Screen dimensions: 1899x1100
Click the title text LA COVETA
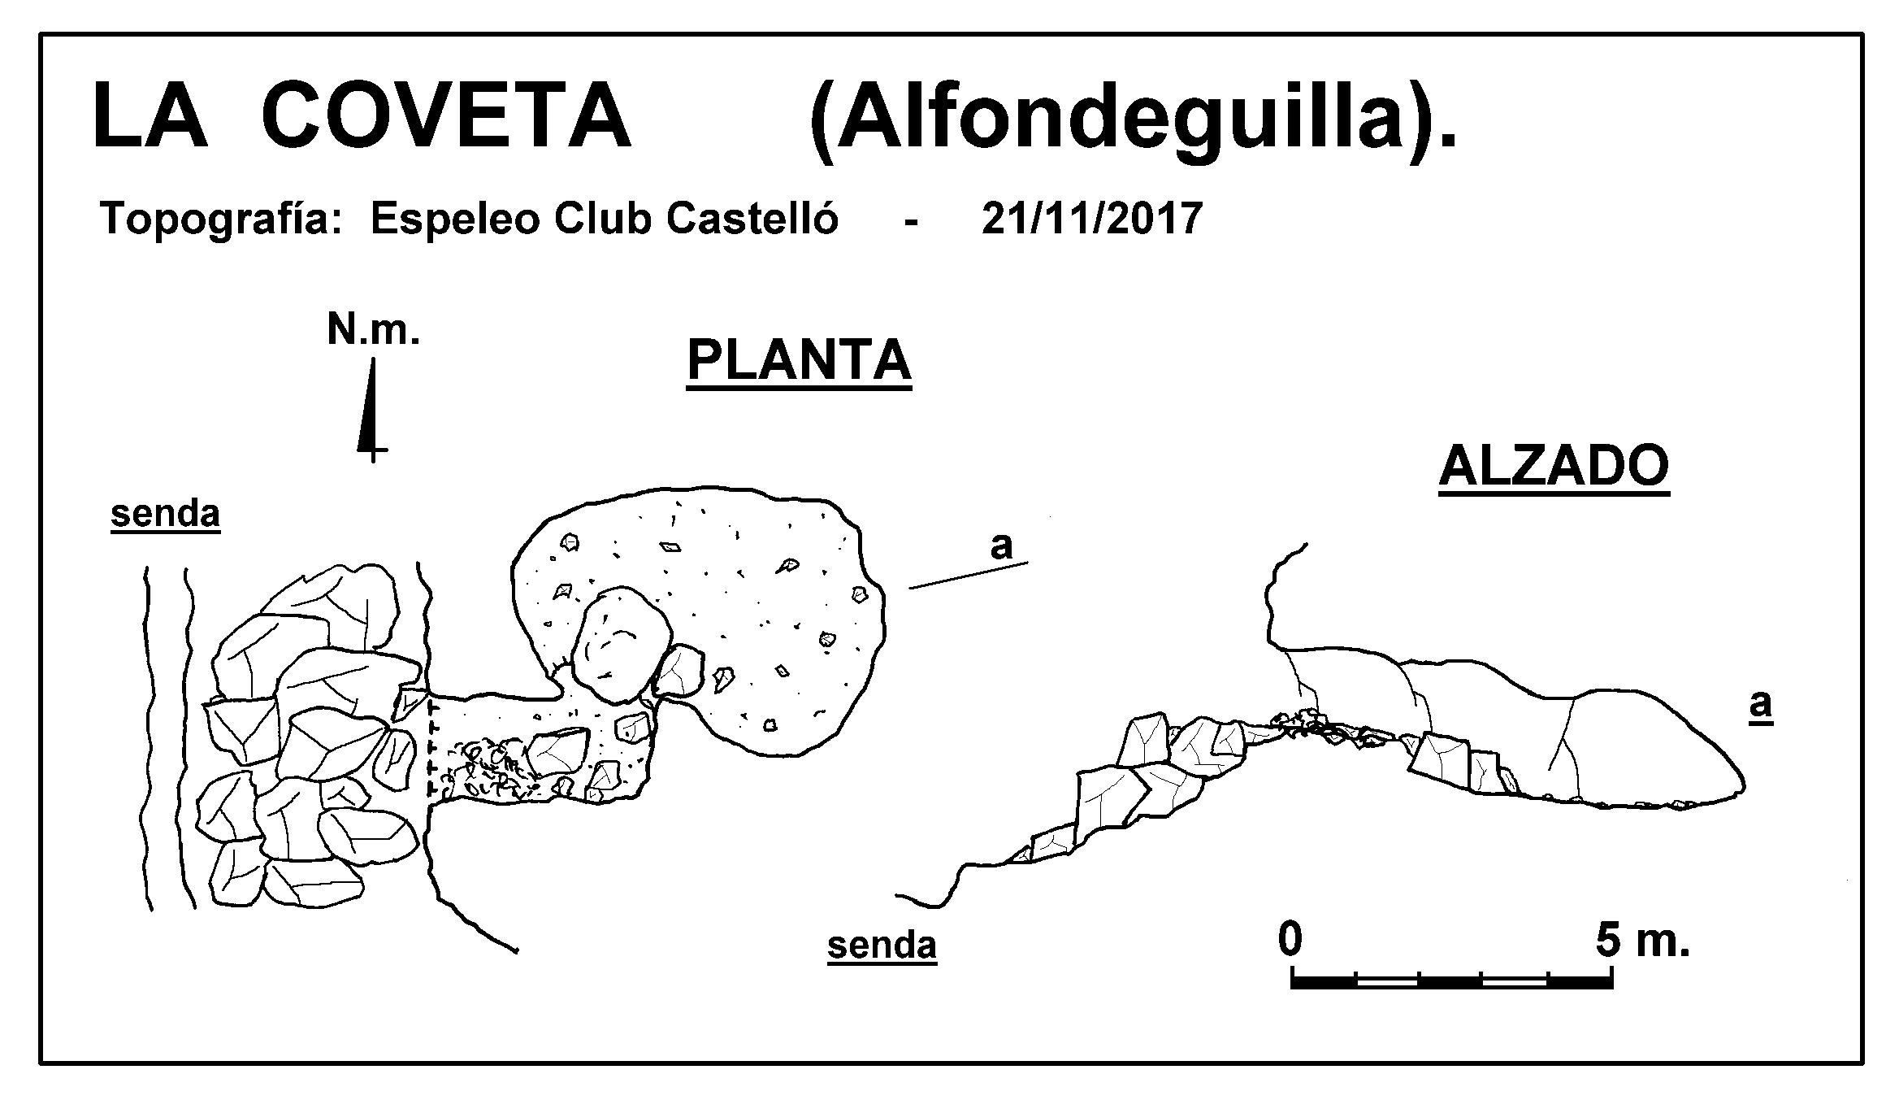[x=362, y=115]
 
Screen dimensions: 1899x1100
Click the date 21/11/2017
[x=1091, y=218]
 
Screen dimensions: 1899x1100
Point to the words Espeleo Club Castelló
[x=604, y=218]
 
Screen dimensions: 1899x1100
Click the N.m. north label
[x=373, y=330]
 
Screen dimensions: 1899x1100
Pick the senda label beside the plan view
[x=165, y=515]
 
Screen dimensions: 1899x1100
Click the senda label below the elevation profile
[x=882, y=946]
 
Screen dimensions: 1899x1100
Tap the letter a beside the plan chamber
[x=1001, y=546]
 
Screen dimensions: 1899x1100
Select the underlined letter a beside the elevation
[x=1760, y=706]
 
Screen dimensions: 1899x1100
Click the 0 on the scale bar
[x=1290, y=940]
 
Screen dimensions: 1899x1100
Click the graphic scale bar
[x=1452, y=980]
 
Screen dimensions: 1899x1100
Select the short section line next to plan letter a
[x=969, y=575]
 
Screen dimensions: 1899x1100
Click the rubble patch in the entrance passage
[x=481, y=768]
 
